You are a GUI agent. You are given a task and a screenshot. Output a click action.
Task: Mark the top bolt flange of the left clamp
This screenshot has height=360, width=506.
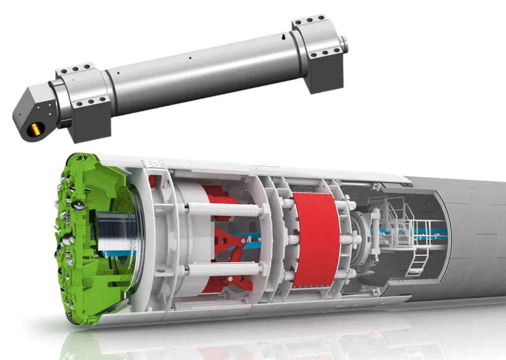(x=75, y=70)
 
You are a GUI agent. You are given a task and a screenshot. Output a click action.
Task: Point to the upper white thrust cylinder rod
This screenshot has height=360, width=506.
(x=225, y=210)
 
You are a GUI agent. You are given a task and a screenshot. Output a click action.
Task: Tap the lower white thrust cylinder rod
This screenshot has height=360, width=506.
(x=225, y=270)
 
